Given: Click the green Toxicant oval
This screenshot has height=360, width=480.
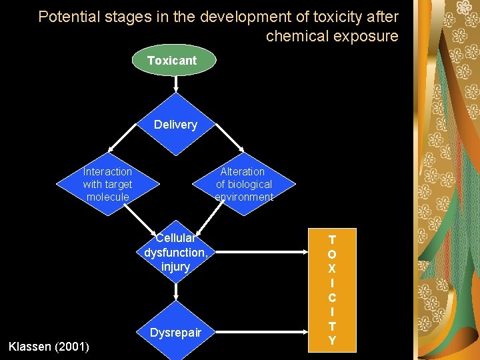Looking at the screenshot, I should click(x=172, y=61).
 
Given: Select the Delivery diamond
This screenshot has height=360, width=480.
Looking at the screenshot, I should click(x=175, y=125).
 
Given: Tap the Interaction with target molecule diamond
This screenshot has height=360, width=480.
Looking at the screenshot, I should click(x=107, y=184).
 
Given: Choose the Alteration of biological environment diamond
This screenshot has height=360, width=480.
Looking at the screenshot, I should click(x=244, y=184).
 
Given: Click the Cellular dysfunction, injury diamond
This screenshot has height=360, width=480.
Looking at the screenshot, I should click(x=175, y=252).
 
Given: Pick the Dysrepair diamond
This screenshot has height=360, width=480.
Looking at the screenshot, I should click(x=175, y=332).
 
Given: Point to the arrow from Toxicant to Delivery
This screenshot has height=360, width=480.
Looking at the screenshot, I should click(x=175, y=84).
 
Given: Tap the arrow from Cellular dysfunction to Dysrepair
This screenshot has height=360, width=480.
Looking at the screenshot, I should click(x=175, y=292).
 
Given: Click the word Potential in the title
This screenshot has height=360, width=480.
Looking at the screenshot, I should click(x=65, y=17).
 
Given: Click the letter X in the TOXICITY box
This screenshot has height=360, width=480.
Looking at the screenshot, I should click(x=332, y=269).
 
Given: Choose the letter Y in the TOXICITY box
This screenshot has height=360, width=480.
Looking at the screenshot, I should click(x=332, y=340).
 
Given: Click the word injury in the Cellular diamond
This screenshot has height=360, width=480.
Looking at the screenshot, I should click(x=175, y=267).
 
